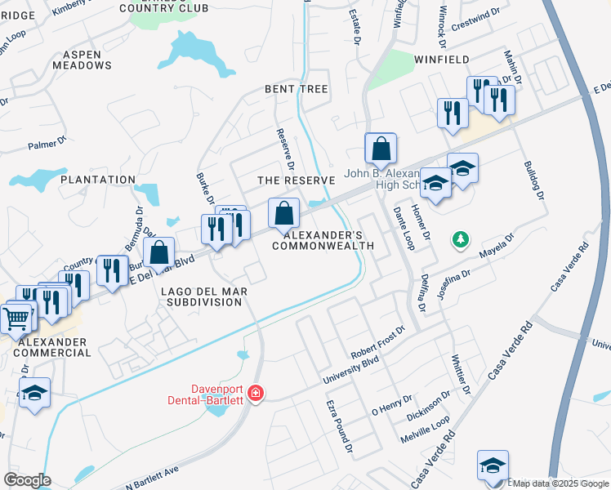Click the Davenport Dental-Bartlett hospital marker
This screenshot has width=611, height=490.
click(256, 394)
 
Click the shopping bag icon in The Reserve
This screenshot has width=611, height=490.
click(283, 215)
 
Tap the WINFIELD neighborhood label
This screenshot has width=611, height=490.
click(441, 60)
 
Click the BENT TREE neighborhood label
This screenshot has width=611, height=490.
click(296, 88)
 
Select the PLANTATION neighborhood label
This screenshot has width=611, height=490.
click(97, 180)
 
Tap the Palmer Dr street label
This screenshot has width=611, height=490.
click(47, 145)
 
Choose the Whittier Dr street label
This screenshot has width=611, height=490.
click(462, 372)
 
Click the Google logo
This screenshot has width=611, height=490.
click(28, 479)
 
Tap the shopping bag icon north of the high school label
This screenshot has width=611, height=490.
click(381, 149)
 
